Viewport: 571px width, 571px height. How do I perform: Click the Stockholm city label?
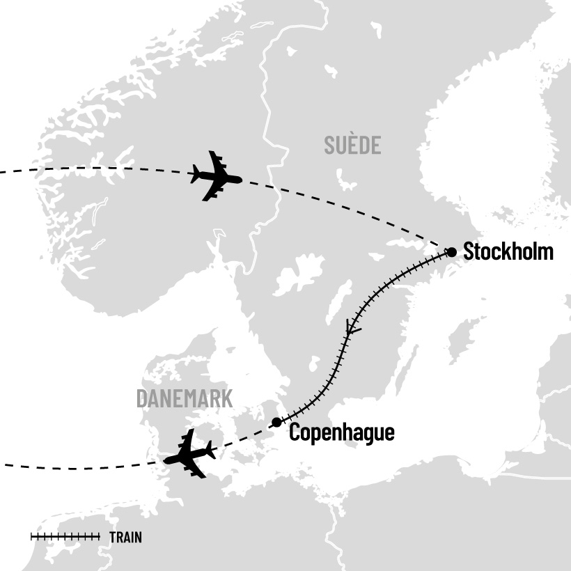pyautogui.click(x=508, y=251)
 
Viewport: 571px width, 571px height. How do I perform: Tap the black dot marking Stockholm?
pyautogui.click(x=451, y=251)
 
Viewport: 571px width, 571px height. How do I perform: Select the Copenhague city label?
pyautogui.click(x=341, y=432)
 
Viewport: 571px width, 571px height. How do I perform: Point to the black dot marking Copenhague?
pyautogui.click(x=276, y=422)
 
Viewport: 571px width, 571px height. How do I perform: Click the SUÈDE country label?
pyautogui.click(x=352, y=146)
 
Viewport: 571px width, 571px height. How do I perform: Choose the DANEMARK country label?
pyautogui.click(x=185, y=398)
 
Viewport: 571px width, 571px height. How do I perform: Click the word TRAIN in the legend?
pyautogui.click(x=126, y=537)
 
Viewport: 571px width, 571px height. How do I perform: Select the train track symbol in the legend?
pyautogui.click(x=65, y=536)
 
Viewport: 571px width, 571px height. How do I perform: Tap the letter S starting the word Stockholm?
pyautogui.click(x=469, y=251)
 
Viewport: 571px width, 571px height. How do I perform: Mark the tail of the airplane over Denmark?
pyautogui.click(x=208, y=450)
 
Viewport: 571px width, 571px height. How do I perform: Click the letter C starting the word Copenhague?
pyautogui.click(x=295, y=432)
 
